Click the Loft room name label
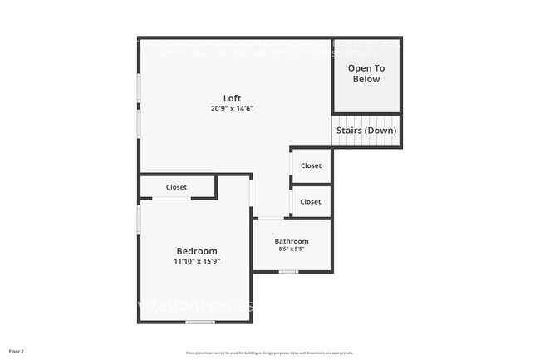click(232, 98)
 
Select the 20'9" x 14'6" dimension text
click(232, 108)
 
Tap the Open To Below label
click(365, 73)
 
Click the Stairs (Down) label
click(366, 131)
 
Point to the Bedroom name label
click(197, 251)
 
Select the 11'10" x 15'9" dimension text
click(197, 261)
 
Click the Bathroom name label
click(292, 241)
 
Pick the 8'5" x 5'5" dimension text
click(292, 249)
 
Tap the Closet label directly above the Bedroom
click(177, 187)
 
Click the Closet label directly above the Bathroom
click(311, 201)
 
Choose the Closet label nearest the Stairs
click(311, 165)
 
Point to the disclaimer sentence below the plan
click(270, 352)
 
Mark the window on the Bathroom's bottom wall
click(288, 272)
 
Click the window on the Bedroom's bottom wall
click(199, 322)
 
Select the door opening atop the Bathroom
click(270, 219)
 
